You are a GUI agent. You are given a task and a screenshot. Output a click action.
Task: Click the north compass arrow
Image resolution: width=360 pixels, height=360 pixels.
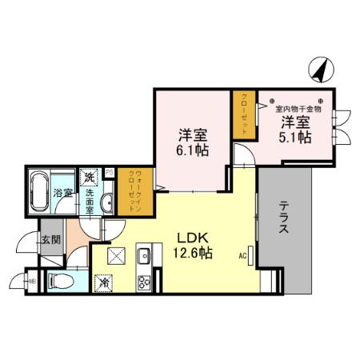click(x=322, y=70)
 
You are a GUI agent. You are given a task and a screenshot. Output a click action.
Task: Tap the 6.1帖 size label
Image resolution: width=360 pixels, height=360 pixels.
click(x=194, y=149)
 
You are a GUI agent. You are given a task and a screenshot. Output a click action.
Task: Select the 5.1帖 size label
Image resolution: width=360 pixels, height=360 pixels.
click(x=295, y=136)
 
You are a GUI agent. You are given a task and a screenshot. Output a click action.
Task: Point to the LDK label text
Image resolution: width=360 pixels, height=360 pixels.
click(x=192, y=238)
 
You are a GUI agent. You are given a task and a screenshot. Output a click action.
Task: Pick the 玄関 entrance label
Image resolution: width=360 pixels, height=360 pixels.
click(x=50, y=239)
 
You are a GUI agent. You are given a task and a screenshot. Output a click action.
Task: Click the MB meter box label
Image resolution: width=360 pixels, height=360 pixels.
click(x=33, y=281)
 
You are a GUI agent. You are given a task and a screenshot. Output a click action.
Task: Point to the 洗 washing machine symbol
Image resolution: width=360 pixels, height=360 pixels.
click(x=90, y=178)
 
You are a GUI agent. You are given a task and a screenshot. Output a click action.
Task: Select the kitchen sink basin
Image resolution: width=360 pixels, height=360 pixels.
click(x=145, y=258)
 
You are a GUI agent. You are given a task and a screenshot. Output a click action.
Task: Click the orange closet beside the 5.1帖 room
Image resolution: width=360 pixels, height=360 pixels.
click(x=243, y=115)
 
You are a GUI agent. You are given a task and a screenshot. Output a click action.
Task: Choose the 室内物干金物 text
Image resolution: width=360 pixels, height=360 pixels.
click(x=298, y=108)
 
